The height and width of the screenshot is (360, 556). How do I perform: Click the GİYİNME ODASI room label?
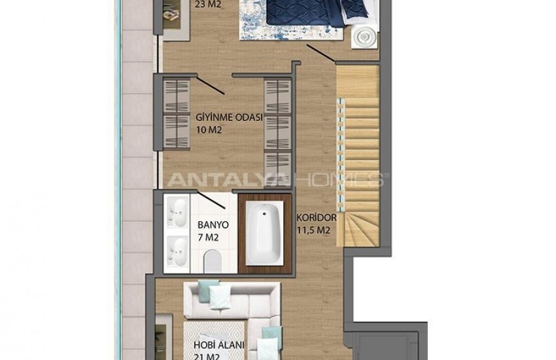point(229,117)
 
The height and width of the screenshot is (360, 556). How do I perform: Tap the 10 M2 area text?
point(209,130)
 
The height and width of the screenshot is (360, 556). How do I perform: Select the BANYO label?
point(213,225)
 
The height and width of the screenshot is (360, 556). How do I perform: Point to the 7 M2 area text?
point(208,238)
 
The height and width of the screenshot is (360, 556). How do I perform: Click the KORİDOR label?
point(317,217)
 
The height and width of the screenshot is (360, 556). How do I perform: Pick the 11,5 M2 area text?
point(313,230)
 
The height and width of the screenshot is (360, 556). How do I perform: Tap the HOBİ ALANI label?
point(218,345)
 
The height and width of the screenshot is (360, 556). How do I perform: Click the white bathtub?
point(264,234)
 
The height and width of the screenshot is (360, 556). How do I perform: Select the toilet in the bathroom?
point(213,261)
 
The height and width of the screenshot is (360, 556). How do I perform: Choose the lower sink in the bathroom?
point(177,251)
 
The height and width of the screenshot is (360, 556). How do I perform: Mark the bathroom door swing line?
point(211,200)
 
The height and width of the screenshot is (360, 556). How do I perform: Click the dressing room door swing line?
point(211,86)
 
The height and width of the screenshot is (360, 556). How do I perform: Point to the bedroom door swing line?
point(321,53)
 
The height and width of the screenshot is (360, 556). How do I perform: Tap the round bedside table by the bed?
point(364,36)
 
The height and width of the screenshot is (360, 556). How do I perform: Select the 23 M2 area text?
point(209,5)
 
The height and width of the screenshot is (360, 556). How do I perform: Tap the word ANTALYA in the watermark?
point(228,179)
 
